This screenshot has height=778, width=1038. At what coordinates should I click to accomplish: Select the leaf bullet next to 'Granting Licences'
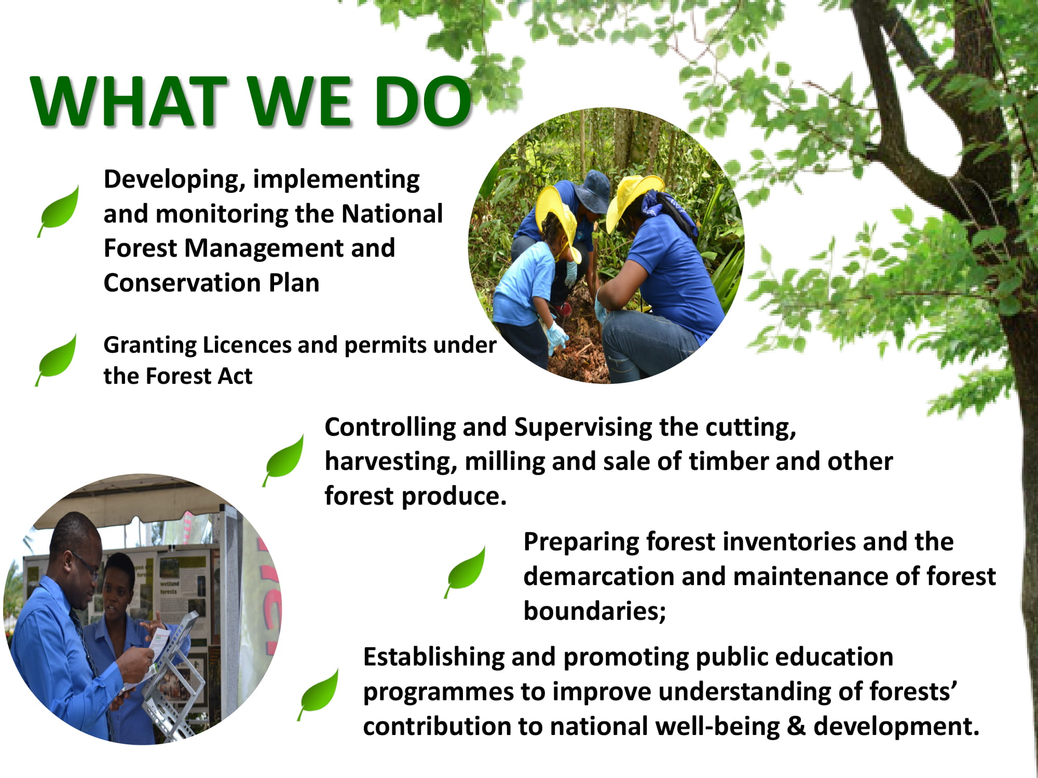click(x=56, y=359)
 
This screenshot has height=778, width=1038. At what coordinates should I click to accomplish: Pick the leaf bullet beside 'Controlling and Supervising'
click(x=283, y=460)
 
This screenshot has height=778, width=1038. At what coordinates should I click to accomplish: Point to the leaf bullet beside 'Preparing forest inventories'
click(x=465, y=572)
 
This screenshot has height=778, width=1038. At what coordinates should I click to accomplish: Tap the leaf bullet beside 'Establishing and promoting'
click(x=318, y=694)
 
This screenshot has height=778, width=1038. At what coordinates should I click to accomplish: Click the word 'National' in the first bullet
click(x=392, y=214)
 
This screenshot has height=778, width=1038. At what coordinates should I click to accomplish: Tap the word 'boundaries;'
click(x=595, y=611)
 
